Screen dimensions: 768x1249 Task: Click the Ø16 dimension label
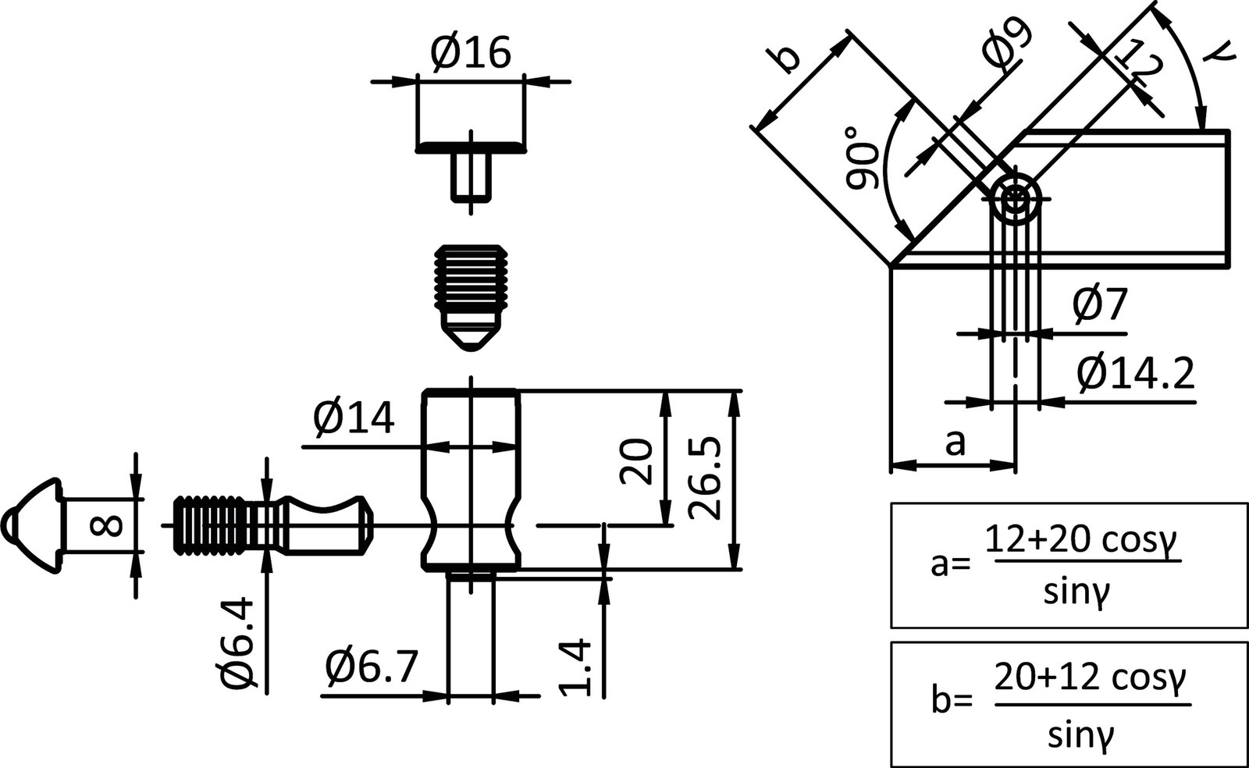[x=471, y=53]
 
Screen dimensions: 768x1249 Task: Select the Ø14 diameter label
[x=354, y=420]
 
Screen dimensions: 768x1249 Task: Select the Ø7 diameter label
[x=1100, y=304]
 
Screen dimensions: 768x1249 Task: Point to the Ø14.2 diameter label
[x=1135, y=375]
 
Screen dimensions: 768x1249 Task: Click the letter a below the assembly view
[x=955, y=443]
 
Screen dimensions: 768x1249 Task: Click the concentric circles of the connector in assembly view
[x=1016, y=197]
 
